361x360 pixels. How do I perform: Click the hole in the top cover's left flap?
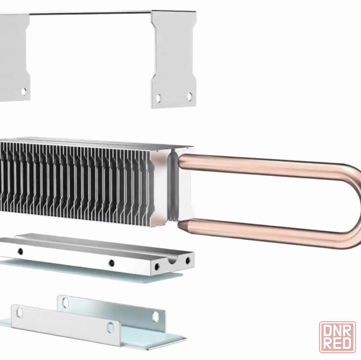pyautogui.click(x=23, y=91)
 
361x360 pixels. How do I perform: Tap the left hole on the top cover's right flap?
pyautogui.click(x=159, y=98)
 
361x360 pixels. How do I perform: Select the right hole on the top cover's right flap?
pyautogui.click(x=190, y=96)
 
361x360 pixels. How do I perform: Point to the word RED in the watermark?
pyautogui.click(x=338, y=344)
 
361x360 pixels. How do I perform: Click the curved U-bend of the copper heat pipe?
pyautogui.click(x=352, y=205)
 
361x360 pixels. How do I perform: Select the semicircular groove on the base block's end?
pyautogui.click(x=172, y=260)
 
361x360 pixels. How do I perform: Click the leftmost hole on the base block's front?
pyautogui.click(x=20, y=251)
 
